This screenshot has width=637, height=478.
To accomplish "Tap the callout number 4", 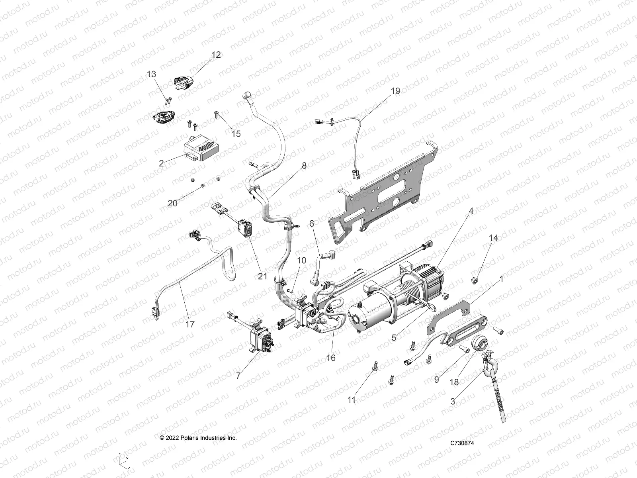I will coord(471,211).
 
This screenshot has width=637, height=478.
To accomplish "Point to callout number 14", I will coord(493,238).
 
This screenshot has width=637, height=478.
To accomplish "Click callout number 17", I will coord(190,324).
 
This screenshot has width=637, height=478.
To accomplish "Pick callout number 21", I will coord(262,276).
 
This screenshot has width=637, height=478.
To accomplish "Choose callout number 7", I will coord(238,376).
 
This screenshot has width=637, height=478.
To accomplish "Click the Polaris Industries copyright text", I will coord(198,437).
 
